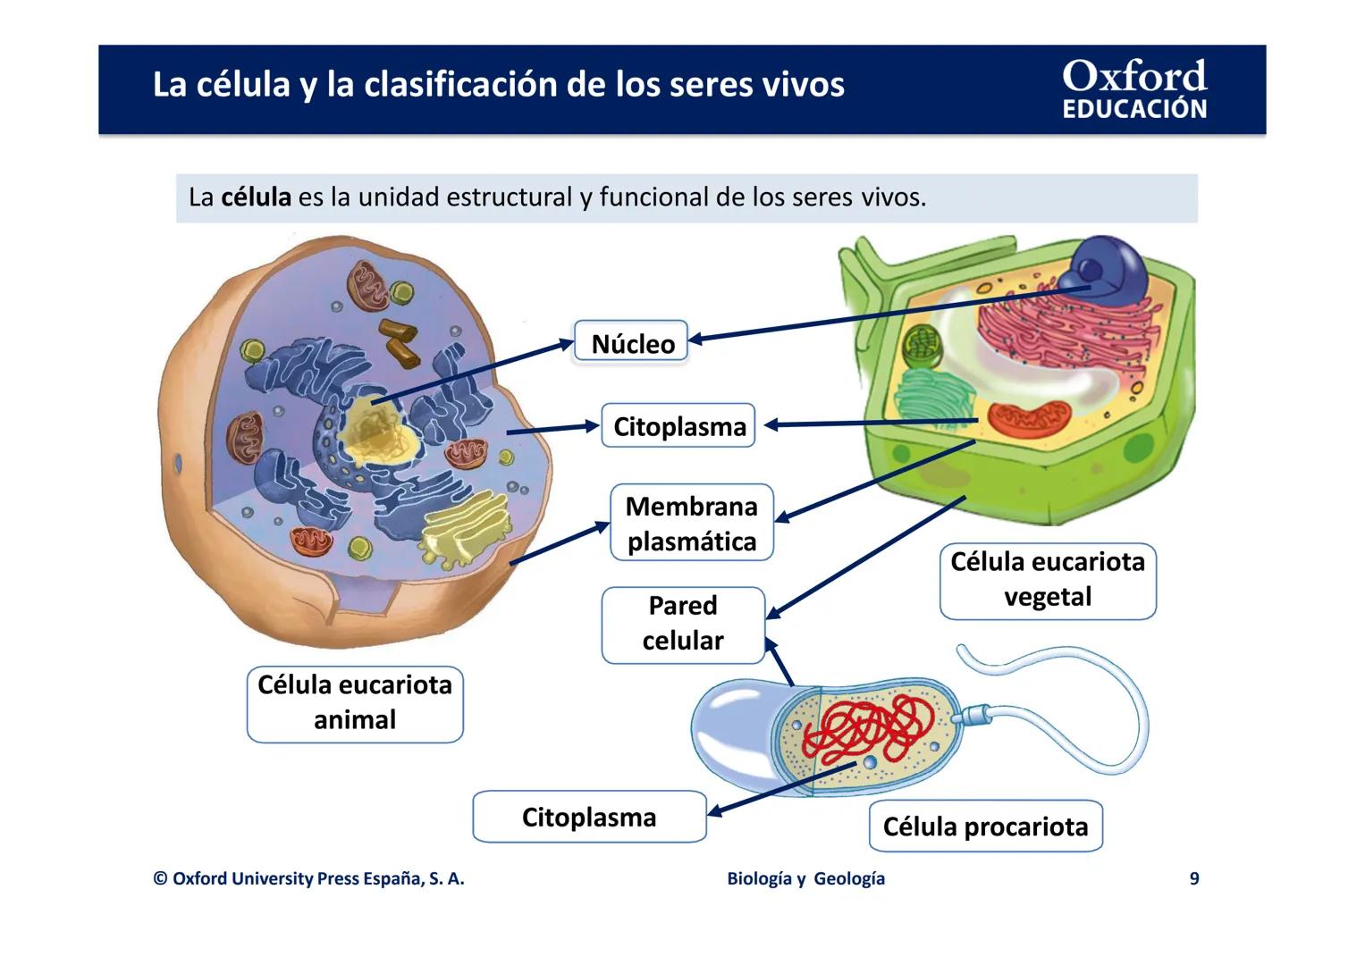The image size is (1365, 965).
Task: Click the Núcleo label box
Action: pyautogui.click(x=631, y=341)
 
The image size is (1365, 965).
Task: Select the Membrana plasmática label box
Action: pyautogui.click(x=691, y=524)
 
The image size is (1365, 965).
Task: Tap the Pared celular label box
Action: pyautogui.click(x=683, y=625)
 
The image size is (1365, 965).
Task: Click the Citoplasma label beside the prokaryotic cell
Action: pyautogui.click(x=589, y=817)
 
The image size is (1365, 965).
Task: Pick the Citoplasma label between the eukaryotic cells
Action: pyautogui.click(x=678, y=426)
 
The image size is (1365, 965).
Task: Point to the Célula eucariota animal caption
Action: pyautogui.click(x=355, y=703)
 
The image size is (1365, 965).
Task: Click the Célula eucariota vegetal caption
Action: pyautogui.click(x=1048, y=581)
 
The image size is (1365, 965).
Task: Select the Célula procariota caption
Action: pyautogui.click(x=985, y=827)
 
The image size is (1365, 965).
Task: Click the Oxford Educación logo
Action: pyautogui.click(x=1133, y=89)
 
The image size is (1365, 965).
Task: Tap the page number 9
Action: pyautogui.click(x=1194, y=878)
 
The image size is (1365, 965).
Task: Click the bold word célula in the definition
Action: pyautogui.click(x=256, y=197)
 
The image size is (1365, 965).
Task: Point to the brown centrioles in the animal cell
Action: pyautogui.click(x=399, y=341)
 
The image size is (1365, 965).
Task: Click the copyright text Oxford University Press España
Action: pyautogui.click(x=308, y=878)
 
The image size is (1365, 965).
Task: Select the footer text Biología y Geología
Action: pyautogui.click(x=805, y=878)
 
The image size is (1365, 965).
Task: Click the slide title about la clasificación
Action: pyautogui.click(x=498, y=85)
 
